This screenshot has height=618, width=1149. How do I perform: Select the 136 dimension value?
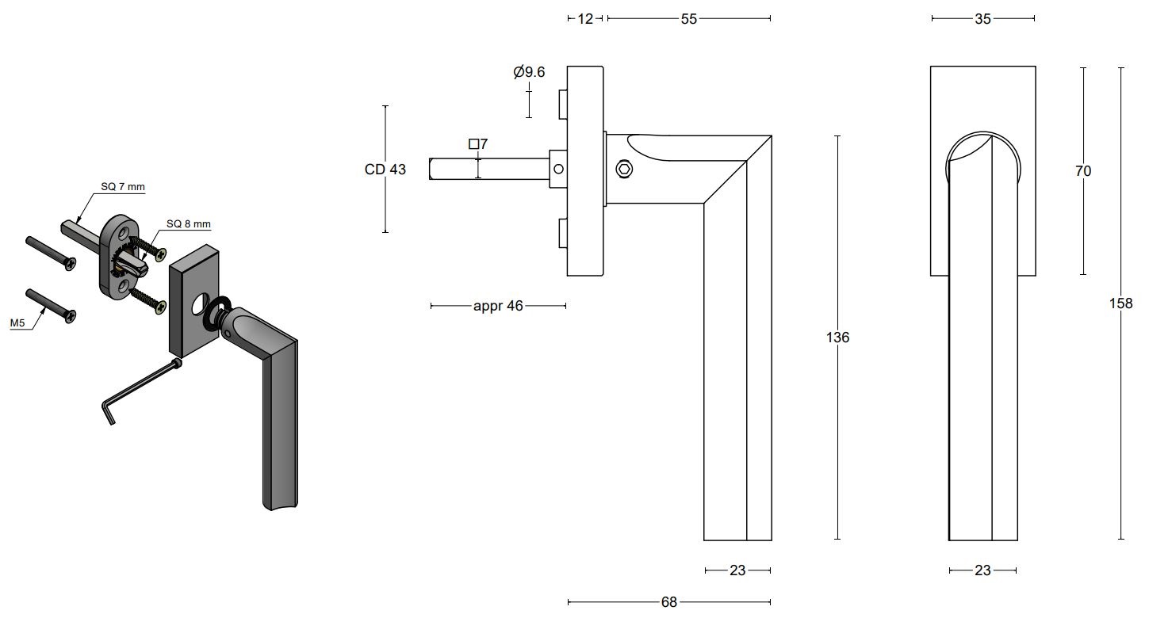click(x=837, y=338)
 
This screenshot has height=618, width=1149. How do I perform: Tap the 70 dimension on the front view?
click(x=1083, y=171)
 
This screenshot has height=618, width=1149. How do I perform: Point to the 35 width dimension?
click(x=982, y=19)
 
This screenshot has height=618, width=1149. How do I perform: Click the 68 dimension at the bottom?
click(x=669, y=602)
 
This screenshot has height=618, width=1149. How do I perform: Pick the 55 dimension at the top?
click(x=688, y=19)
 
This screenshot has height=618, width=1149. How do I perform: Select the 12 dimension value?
click(x=585, y=19)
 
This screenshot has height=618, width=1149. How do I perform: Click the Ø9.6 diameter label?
click(x=529, y=72)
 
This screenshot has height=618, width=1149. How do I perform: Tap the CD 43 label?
click(x=385, y=170)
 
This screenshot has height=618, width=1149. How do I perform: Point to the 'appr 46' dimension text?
click(x=498, y=306)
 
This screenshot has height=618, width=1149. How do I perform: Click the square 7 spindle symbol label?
click(x=478, y=144)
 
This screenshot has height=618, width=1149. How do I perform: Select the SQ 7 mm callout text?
click(x=123, y=187)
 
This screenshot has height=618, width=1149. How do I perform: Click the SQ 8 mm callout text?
click(x=189, y=223)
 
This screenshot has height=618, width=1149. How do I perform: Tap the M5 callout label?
click(x=18, y=324)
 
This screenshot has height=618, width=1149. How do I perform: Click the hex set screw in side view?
click(x=625, y=169)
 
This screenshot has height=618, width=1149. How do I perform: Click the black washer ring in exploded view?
click(x=216, y=313)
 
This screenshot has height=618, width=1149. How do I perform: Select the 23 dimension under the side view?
click(x=737, y=570)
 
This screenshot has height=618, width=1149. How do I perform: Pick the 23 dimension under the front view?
click(x=982, y=570)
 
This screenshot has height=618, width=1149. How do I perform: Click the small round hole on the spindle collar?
click(x=559, y=169)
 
